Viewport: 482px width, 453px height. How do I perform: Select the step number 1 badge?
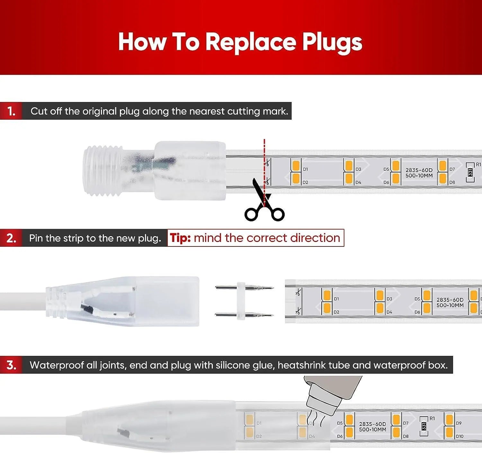coord(11,111)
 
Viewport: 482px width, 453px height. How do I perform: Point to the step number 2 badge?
coord(11,238)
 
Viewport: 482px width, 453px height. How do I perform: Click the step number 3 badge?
coord(11,365)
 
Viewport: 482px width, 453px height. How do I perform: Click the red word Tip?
coord(181,238)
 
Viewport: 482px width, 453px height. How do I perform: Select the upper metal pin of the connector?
coord(244,287)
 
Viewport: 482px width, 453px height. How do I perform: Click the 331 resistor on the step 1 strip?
coord(470,172)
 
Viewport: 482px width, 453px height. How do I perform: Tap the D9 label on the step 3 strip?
coord(459,423)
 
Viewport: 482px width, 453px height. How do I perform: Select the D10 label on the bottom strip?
coord(460,436)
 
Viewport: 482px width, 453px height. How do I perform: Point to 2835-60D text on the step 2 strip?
coord(450,300)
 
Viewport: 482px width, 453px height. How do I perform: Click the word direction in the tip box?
coord(315,238)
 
